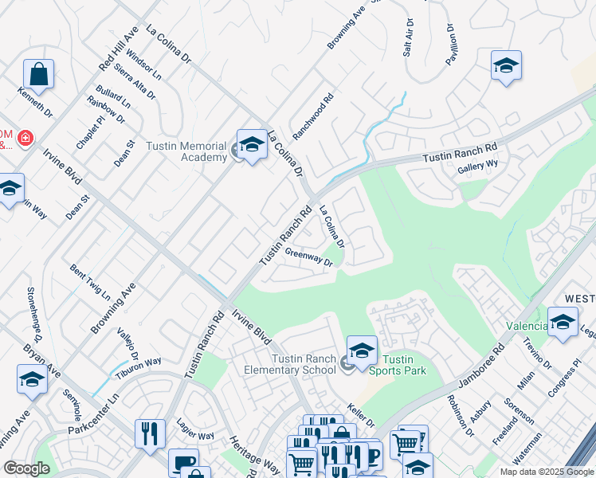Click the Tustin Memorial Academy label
(186, 151)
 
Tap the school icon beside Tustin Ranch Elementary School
(362, 351)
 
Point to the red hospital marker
(25, 139)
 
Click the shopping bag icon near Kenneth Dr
(38, 75)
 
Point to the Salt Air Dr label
(409, 37)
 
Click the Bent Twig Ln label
(90, 282)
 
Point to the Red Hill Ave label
(113, 50)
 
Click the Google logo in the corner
(26, 468)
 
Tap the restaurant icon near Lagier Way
(150, 433)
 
